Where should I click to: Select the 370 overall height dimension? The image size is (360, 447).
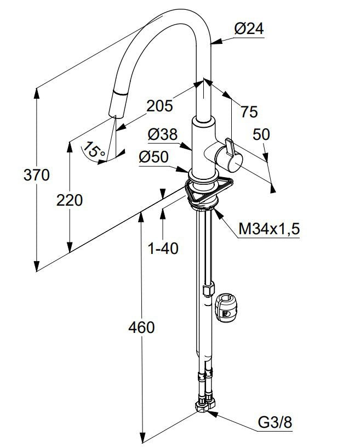point(37,176)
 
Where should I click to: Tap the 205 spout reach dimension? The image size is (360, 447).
point(161,105)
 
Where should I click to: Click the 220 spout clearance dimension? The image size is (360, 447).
point(70,201)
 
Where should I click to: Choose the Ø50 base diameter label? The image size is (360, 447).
point(153,157)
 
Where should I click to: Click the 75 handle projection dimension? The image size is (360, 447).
point(248,112)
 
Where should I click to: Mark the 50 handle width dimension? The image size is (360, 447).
point(261,134)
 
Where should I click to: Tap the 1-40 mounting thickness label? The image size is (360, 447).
point(163,248)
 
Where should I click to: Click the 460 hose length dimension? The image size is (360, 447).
point(141,327)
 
